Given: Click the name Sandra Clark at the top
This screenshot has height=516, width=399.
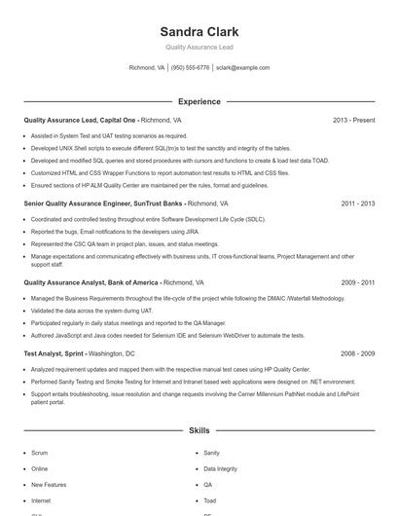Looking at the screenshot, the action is click(199, 30).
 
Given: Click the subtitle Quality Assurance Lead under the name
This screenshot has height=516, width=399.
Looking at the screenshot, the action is click(199, 47).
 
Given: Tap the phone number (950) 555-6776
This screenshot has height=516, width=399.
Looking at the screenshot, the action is click(190, 68).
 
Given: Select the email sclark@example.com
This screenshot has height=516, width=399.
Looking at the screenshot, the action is click(242, 68).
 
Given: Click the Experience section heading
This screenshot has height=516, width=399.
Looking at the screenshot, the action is click(199, 101).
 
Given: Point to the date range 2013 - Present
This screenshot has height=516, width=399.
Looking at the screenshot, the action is click(353, 120).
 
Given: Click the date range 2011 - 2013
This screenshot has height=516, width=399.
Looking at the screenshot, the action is click(357, 203).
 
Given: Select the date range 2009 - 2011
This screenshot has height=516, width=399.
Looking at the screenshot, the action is click(357, 282).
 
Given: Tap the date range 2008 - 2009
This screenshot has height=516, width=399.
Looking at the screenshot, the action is click(357, 353).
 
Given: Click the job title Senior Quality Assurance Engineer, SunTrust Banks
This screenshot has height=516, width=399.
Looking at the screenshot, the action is click(103, 203).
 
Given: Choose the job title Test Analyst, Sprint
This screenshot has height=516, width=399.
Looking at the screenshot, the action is click(54, 353).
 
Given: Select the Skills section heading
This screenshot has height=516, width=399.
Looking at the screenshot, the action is click(199, 429).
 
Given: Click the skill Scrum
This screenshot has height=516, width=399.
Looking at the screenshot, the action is click(39, 453).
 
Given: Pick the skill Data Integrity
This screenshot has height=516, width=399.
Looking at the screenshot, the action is click(220, 468).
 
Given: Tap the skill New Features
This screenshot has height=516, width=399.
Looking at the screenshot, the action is click(49, 484).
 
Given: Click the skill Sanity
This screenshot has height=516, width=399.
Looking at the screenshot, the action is click(211, 453).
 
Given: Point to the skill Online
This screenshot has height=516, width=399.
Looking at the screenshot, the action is click(39, 468).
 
